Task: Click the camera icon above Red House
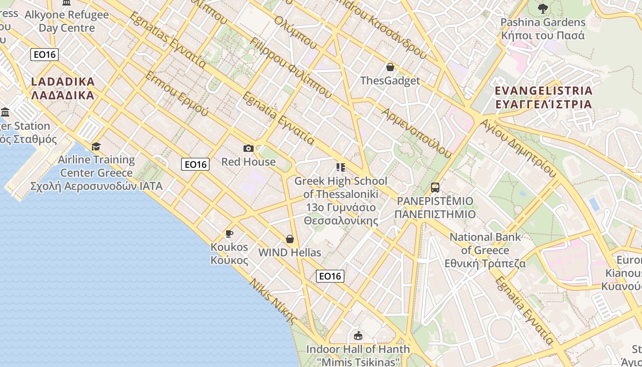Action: click(248, 148)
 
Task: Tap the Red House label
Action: click(249, 162)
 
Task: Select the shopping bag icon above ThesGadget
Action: click(390, 67)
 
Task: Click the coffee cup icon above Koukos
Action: click(229, 234)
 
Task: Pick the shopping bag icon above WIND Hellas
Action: click(290, 239)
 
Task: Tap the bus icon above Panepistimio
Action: click(435, 188)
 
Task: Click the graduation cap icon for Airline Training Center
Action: click(96, 146)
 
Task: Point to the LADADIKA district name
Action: click(63, 89)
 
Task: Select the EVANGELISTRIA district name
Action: click(544, 97)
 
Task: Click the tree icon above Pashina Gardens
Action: click(542, 8)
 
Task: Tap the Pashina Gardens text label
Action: click(543, 28)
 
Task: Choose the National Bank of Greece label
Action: click(485, 250)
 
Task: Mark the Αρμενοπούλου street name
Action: click(416, 133)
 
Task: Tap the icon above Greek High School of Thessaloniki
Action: click(340, 167)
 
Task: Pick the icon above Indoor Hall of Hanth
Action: click(358, 336)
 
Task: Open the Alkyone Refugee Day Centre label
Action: click(66, 21)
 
